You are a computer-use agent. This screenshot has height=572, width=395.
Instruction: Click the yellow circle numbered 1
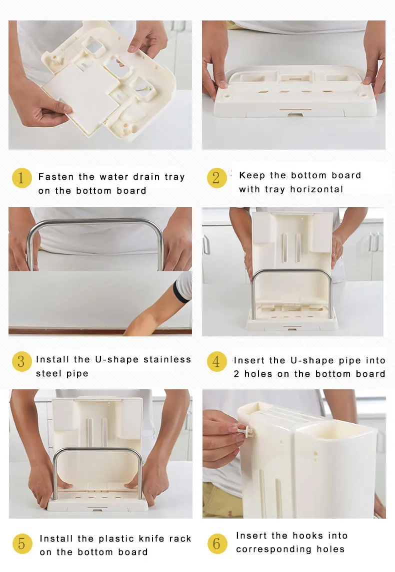click(21, 178)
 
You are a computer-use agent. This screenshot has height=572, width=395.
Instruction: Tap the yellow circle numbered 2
click(216, 178)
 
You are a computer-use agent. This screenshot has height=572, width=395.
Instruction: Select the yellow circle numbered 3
click(21, 361)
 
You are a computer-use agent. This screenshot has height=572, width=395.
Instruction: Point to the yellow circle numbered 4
click(216, 361)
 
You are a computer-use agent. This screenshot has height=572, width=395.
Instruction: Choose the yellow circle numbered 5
click(22, 544)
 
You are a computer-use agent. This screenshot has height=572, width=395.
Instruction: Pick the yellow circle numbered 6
click(217, 544)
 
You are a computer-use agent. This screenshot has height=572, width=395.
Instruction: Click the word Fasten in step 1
click(56, 177)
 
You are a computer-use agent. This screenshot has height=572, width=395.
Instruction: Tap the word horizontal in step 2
click(316, 189)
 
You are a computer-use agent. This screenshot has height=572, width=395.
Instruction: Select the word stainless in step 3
click(167, 360)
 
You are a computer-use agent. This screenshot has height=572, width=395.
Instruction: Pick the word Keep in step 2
click(252, 176)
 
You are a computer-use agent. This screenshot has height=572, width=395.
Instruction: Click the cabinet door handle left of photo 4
click(206, 245)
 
